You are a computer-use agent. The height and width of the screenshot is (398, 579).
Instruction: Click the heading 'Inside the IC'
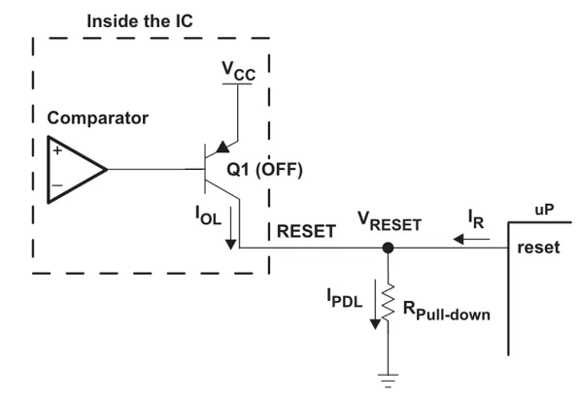140,21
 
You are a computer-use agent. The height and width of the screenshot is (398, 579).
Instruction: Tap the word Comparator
97,118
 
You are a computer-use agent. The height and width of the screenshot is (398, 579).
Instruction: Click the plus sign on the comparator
57,150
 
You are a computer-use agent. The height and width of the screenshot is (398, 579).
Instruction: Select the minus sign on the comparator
57,185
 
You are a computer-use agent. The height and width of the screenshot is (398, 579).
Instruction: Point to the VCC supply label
238,71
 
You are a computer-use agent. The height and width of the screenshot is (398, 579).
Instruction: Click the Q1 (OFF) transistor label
264,169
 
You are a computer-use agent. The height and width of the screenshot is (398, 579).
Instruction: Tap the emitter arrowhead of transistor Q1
222,148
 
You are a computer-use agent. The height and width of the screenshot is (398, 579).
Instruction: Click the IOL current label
208,216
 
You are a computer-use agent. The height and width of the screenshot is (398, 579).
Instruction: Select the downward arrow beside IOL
231,228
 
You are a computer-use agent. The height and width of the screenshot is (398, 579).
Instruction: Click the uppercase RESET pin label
306,231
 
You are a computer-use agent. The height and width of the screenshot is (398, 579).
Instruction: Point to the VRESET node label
390,221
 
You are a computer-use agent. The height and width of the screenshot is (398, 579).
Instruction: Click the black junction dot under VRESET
388,248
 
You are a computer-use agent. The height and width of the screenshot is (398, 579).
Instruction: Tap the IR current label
476,219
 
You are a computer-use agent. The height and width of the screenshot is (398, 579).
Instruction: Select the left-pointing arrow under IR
471,240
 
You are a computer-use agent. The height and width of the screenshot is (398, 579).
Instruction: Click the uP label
544,210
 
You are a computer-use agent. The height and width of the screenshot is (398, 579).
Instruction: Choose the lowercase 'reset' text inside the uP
538,248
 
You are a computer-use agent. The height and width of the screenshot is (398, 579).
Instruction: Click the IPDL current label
344,298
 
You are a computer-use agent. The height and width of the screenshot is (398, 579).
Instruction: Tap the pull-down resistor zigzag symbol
388,303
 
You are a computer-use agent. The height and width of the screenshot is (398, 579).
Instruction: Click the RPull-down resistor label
447,311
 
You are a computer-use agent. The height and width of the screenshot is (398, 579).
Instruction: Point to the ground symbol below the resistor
388,381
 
